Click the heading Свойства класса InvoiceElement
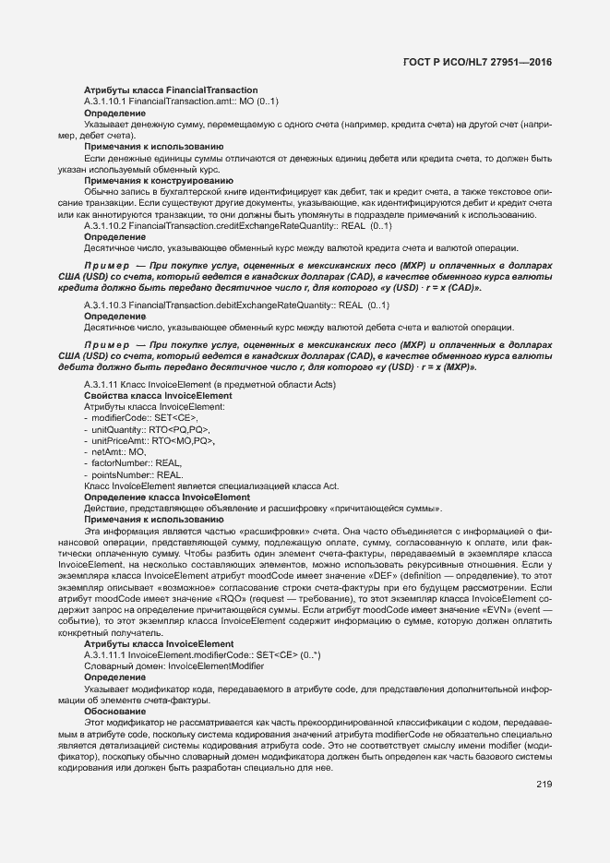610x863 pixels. pyautogui.click(x=158, y=395)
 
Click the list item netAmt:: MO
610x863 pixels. pyautogui.click(x=118, y=452)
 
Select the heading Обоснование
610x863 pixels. pyautogui.click(x=115, y=711)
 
